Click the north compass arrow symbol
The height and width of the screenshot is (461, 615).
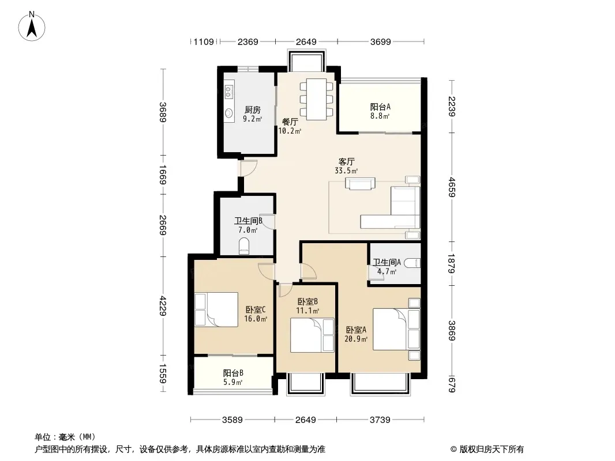click(x=32, y=26)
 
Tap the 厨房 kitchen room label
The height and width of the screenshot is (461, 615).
click(x=252, y=110)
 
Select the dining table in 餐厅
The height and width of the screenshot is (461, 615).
click(x=317, y=99)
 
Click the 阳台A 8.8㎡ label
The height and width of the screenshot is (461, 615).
click(x=380, y=111)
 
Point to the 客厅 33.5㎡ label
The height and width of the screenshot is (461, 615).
click(x=346, y=166)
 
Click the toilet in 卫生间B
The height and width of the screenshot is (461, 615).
click(x=244, y=246)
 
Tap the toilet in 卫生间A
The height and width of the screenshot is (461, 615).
click(x=412, y=262)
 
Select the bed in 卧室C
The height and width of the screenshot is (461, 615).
click(x=216, y=309)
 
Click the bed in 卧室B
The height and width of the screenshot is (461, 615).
click(x=312, y=335)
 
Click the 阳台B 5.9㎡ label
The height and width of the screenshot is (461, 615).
click(x=233, y=377)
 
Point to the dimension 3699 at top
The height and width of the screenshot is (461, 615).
click(x=380, y=41)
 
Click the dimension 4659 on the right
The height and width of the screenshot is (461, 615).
click(x=452, y=187)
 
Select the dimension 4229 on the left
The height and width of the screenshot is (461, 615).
click(x=163, y=306)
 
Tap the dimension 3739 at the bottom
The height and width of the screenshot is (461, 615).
click(x=380, y=420)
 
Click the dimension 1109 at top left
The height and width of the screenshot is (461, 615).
click(x=204, y=41)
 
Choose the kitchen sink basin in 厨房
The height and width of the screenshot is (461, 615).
click(x=228, y=113)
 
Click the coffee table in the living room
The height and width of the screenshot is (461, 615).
click(x=360, y=184)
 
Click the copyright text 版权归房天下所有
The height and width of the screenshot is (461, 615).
click(x=492, y=449)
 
